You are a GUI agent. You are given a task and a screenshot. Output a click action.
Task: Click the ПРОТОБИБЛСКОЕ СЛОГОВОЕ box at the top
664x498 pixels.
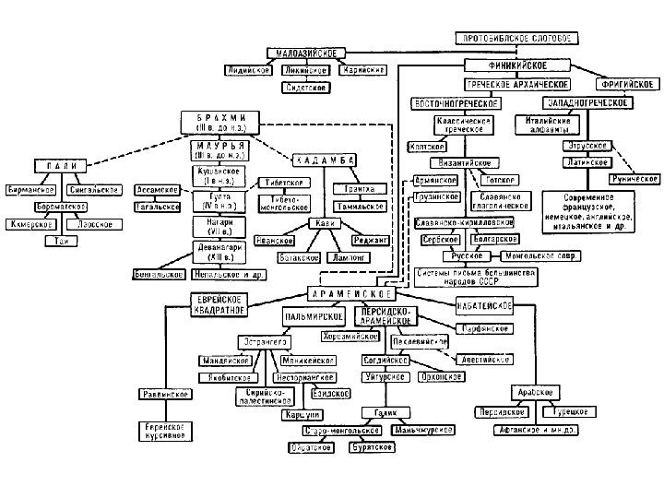click(x=516, y=38)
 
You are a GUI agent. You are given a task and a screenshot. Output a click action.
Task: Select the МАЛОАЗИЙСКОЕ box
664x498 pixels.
click(x=305, y=53)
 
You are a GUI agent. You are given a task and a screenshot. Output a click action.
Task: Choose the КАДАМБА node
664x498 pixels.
click(x=323, y=160)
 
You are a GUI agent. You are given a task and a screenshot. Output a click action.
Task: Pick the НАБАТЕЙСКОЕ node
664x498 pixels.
click(x=483, y=306)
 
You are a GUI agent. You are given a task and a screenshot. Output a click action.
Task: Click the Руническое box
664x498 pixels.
click(x=634, y=179)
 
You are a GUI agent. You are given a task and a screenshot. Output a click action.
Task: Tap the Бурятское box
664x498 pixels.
click(x=372, y=446)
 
